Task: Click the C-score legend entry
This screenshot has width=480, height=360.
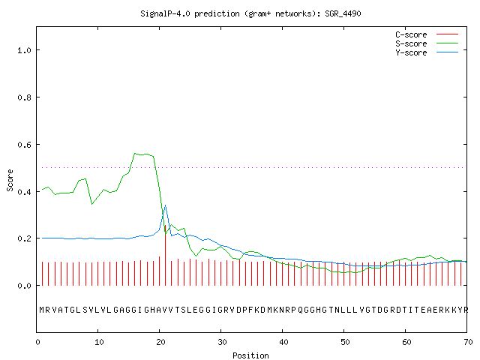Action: click(427, 34)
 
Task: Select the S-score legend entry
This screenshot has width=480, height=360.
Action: click(427, 43)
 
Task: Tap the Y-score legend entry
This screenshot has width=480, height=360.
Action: click(427, 52)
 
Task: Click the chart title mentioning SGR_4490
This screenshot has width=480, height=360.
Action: click(250, 13)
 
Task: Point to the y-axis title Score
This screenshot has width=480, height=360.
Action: click(10, 180)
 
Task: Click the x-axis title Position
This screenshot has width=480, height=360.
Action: click(250, 355)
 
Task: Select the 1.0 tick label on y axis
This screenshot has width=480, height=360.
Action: click(24, 50)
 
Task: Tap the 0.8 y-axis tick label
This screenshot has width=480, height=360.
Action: click(24, 97)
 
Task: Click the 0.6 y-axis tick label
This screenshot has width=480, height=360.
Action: click(24, 145)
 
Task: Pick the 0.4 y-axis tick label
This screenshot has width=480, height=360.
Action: click(24, 192)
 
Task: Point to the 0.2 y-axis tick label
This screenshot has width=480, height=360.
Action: click(24, 238)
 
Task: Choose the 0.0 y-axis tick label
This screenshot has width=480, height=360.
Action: click(24, 286)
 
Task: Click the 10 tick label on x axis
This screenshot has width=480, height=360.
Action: click(99, 342)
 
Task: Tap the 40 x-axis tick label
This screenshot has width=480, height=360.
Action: click(283, 342)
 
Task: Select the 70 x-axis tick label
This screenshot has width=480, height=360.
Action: click(468, 342)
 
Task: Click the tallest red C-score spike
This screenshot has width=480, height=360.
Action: click(165, 255)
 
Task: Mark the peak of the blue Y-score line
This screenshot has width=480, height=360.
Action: click(165, 205)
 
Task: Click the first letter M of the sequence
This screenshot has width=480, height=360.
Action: click(42, 310)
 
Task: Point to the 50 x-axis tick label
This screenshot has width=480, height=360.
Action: click(345, 342)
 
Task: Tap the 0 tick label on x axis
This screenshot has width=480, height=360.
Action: click(37, 342)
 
